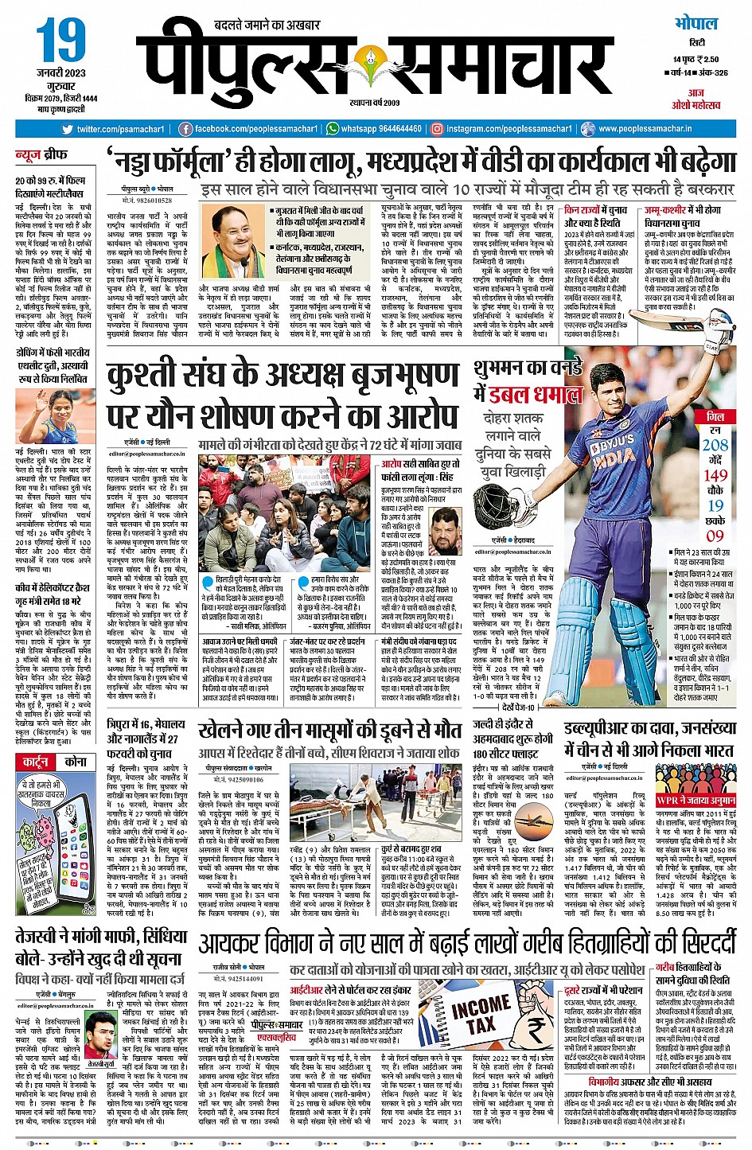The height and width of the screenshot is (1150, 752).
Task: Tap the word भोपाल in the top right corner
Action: click(696, 23)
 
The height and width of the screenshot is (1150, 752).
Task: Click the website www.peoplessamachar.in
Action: click(645, 129)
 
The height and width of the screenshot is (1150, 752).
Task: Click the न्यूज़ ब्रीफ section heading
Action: click(41, 154)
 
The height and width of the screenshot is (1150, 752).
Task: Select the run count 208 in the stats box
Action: click(715, 445)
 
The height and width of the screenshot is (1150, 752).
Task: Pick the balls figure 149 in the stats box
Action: click(715, 475)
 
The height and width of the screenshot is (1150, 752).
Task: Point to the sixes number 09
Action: click(715, 536)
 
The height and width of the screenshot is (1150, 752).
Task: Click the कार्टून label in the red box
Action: click(36, 762)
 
